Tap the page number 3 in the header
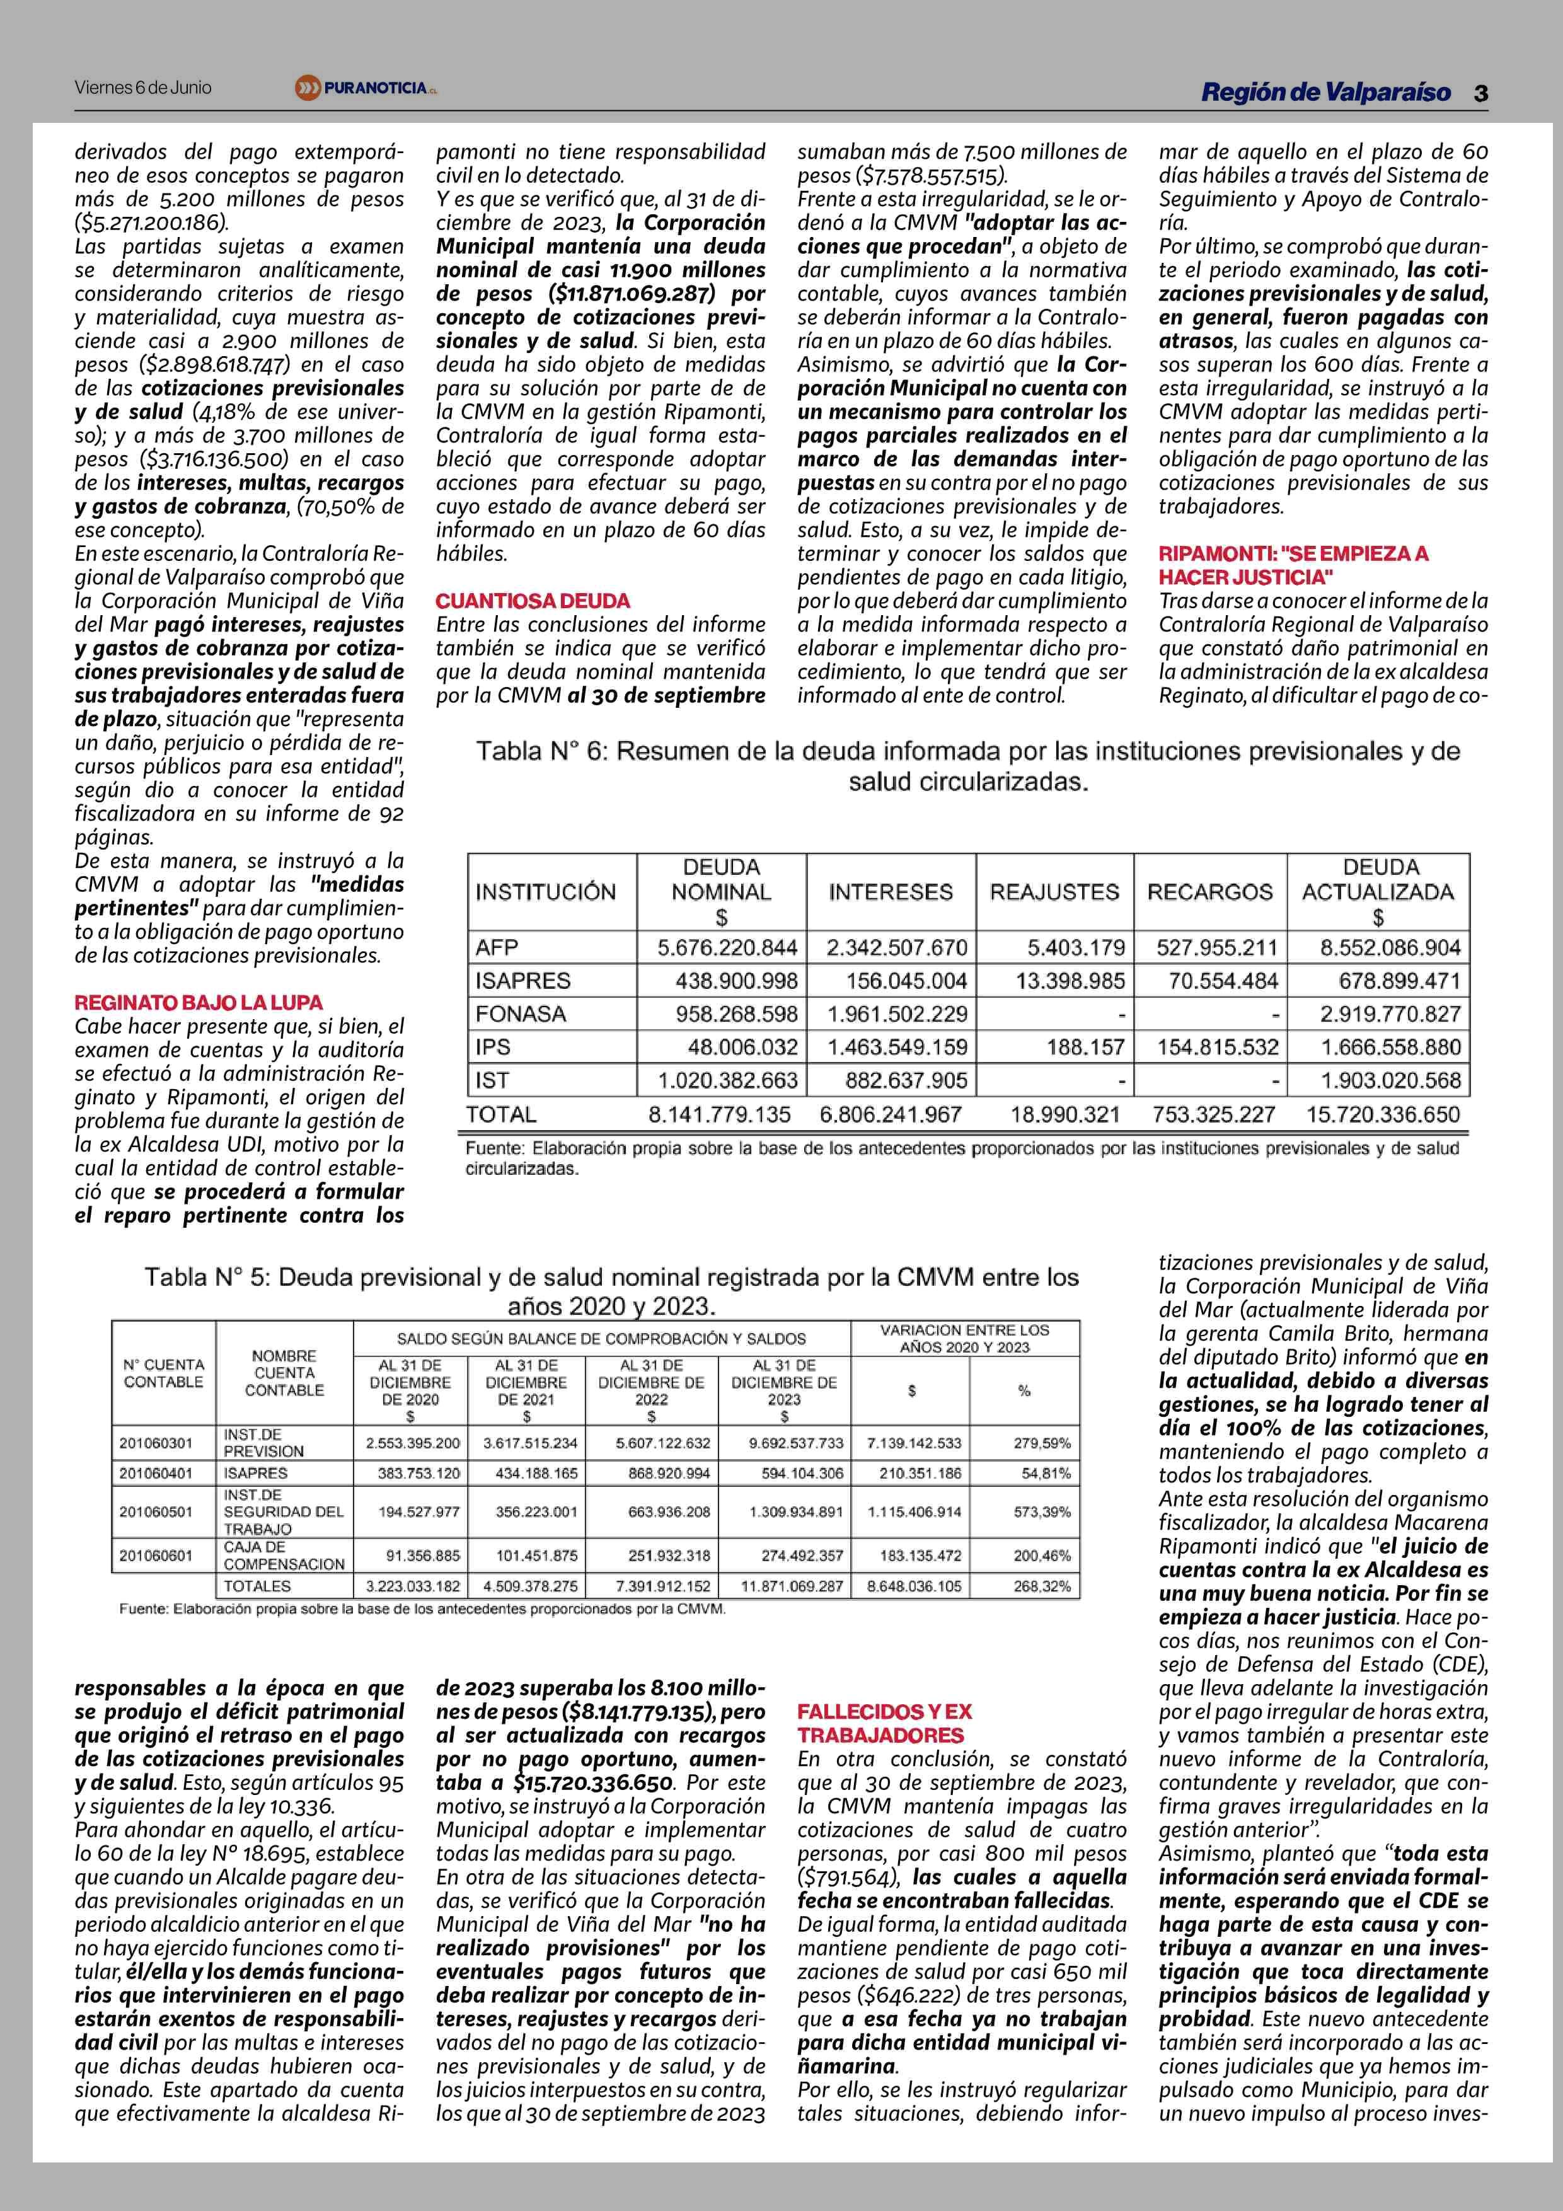(1480, 93)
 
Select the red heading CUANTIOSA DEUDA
(533, 601)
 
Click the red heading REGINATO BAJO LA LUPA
(199, 1003)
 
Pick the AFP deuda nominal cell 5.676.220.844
(727, 947)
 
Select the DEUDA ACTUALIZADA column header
(1378, 892)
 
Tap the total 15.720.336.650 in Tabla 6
(1382, 1115)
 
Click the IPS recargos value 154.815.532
(1217, 1048)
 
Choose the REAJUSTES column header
(1054, 892)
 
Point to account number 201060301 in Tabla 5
(156, 1443)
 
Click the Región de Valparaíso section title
(1325, 93)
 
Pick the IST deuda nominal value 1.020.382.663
(727, 1080)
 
